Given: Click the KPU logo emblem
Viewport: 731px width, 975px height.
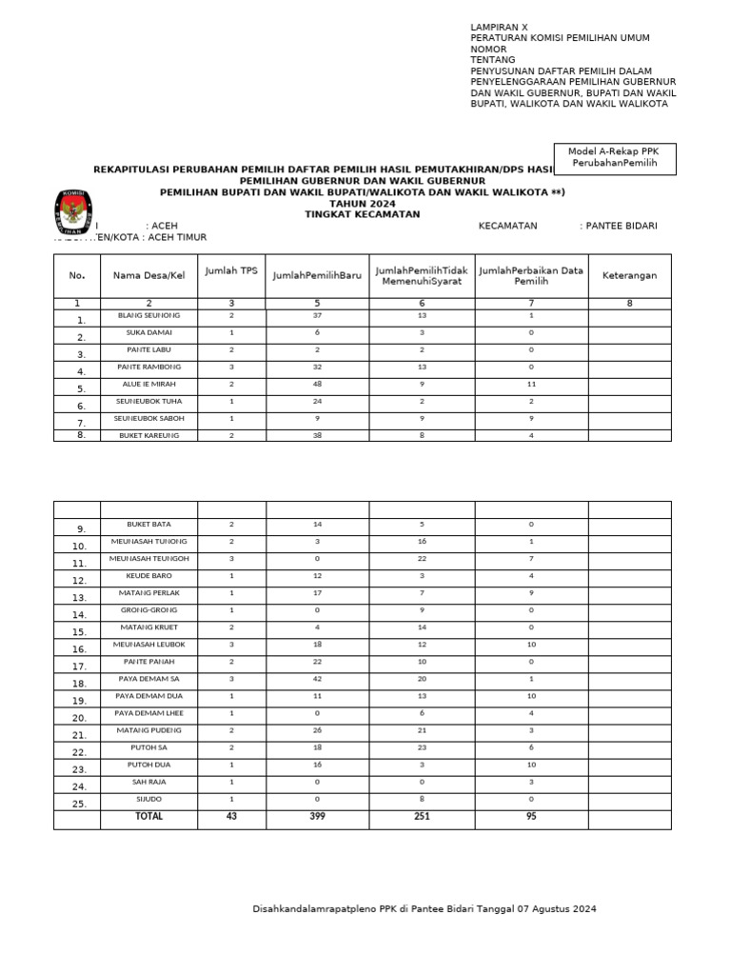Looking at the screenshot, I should pos(72,213).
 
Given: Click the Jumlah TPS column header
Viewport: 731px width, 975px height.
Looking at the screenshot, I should pos(231,271).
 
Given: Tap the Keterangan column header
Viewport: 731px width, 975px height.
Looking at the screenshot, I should pos(629,275).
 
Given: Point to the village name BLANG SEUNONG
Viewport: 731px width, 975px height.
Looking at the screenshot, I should pos(149,315).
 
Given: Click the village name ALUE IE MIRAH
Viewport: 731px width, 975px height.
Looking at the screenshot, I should pos(149,384).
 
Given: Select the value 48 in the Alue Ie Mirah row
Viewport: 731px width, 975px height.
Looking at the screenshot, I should pos(317,384).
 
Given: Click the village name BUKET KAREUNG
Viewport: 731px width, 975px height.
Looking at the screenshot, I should pos(149,435).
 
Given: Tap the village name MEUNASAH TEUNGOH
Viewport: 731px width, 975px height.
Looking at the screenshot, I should pos(149,559).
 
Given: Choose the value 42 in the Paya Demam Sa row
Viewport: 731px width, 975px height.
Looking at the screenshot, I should pos(317,679).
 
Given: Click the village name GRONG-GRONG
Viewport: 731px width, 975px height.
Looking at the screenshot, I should pos(149,610).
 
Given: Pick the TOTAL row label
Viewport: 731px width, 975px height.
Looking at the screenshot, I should pos(149,816).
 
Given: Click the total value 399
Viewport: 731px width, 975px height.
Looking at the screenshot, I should pos(317,816).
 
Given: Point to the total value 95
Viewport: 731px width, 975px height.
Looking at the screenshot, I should pos(531,816).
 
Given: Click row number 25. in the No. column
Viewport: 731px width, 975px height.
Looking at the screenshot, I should pos(79,804).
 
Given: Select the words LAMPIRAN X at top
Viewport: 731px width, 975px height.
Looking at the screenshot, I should pos(499,27).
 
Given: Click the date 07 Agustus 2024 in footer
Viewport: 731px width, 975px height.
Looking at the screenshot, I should pos(557,909).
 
